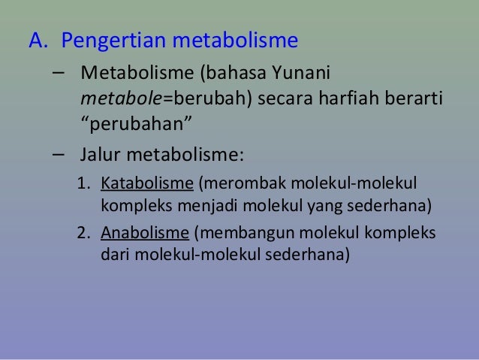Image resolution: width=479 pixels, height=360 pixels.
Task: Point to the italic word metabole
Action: tap(113, 98)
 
